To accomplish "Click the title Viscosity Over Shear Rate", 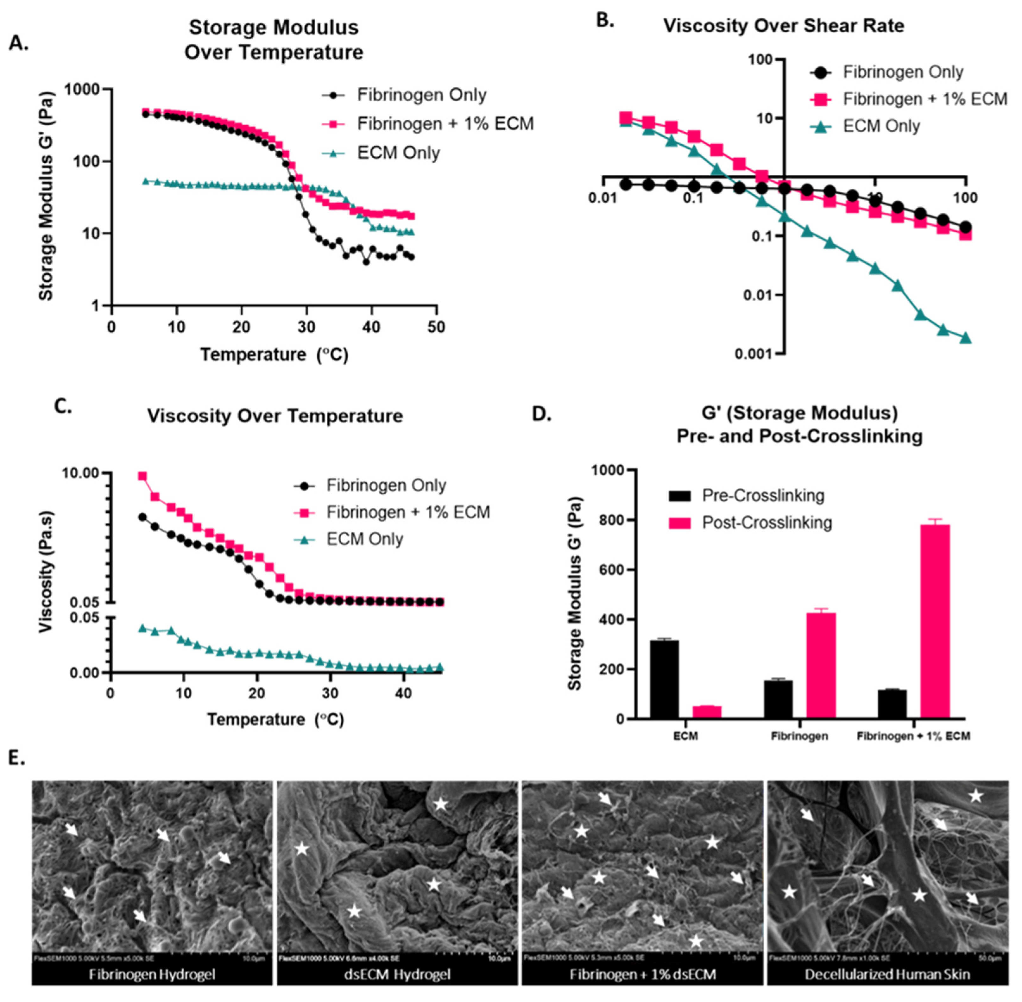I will pyautogui.click(x=784, y=26).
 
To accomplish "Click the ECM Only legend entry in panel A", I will pyautogui.click(x=398, y=153).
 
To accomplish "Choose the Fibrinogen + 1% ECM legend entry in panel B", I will pyautogui.click(x=924, y=99).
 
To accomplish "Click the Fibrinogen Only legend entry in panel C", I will pyautogui.click(x=386, y=485).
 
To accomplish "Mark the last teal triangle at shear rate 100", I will pyautogui.click(x=965, y=338).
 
